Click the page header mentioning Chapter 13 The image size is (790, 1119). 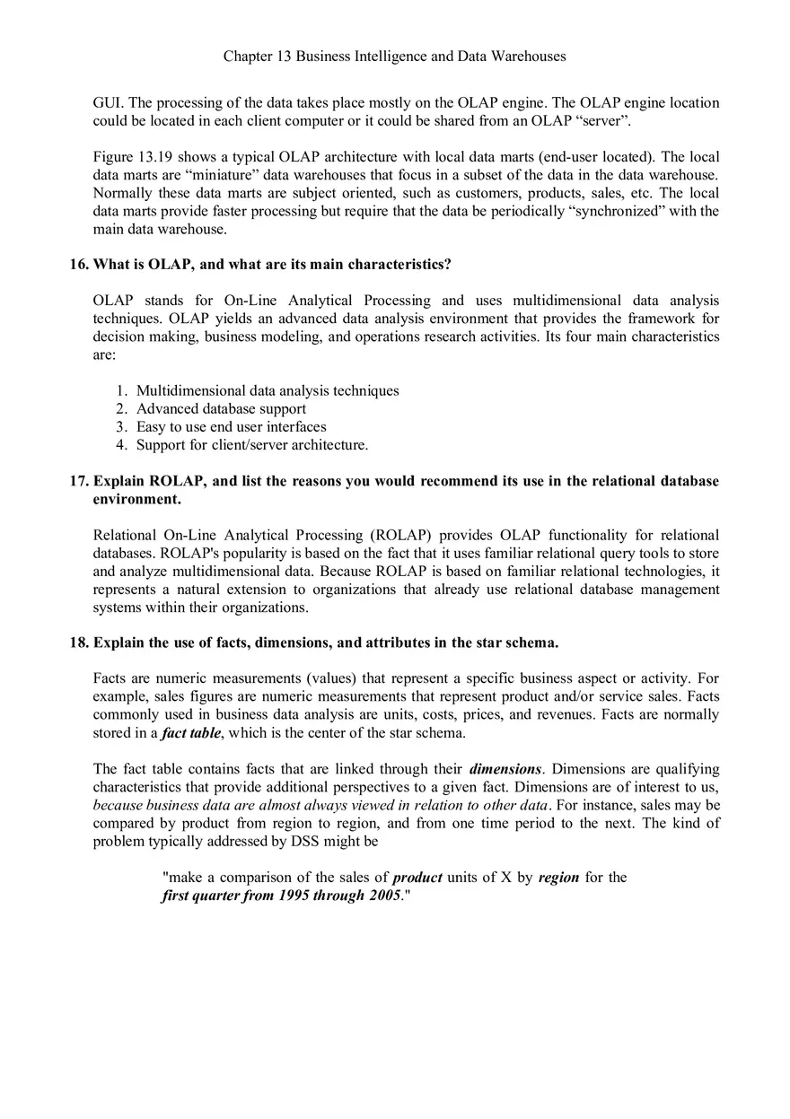(394, 57)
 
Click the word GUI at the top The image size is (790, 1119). (106, 103)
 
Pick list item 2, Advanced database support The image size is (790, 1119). (221, 409)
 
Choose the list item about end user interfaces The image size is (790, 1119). (231, 427)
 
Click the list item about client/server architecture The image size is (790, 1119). (251, 445)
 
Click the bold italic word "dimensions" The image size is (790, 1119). (505, 769)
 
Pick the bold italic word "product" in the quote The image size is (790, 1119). (417, 878)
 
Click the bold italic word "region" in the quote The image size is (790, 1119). (558, 878)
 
